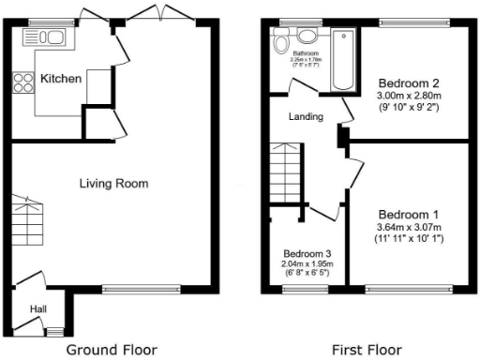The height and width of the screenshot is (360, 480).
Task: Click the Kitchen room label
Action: pyautogui.click(x=60, y=79)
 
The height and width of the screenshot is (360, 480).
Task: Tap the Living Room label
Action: pyautogui.click(x=113, y=184)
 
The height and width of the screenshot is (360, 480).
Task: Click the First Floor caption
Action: pyautogui.click(x=367, y=351)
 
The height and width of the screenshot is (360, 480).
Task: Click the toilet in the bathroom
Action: pyautogui.click(x=307, y=37)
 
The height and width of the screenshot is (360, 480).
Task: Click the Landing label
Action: pyautogui.click(x=306, y=117)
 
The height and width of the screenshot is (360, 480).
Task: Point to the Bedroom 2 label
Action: pyautogui.click(x=405, y=82)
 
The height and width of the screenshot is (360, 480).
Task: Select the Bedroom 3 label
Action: pyautogui.click(x=307, y=254)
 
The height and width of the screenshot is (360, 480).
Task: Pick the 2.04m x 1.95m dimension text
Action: pyautogui.click(x=307, y=264)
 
